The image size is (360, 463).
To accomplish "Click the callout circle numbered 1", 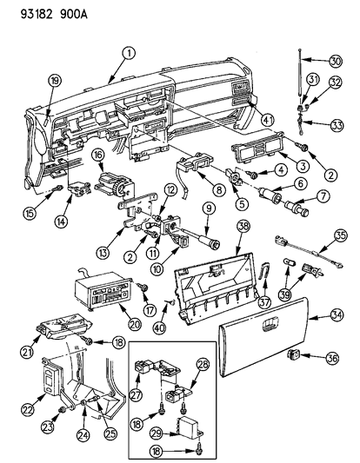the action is click(x=129, y=54).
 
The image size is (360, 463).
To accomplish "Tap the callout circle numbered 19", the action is click(x=55, y=80).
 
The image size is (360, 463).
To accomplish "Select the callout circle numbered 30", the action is click(x=335, y=61).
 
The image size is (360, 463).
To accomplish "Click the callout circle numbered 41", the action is click(x=268, y=120).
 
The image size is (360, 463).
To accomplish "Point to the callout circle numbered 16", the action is click(x=98, y=155).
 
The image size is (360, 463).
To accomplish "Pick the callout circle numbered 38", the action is click(x=243, y=227).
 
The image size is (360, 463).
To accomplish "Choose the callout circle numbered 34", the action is click(x=337, y=314).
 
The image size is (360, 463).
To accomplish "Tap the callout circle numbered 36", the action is click(x=332, y=358).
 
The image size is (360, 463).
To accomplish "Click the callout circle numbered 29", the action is click(x=157, y=433).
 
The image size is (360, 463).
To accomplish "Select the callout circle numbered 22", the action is click(x=28, y=409).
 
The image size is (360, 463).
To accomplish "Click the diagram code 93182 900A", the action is click(x=54, y=14).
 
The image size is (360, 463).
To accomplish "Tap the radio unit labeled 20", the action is click(x=102, y=291).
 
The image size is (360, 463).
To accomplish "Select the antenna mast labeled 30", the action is click(x=300, y=76).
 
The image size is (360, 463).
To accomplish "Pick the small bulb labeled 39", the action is click(x=287, y=262).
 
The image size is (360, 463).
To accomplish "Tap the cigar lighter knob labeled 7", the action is click(x=297, y=207).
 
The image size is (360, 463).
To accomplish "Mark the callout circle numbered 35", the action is click(x=341, y=235).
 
